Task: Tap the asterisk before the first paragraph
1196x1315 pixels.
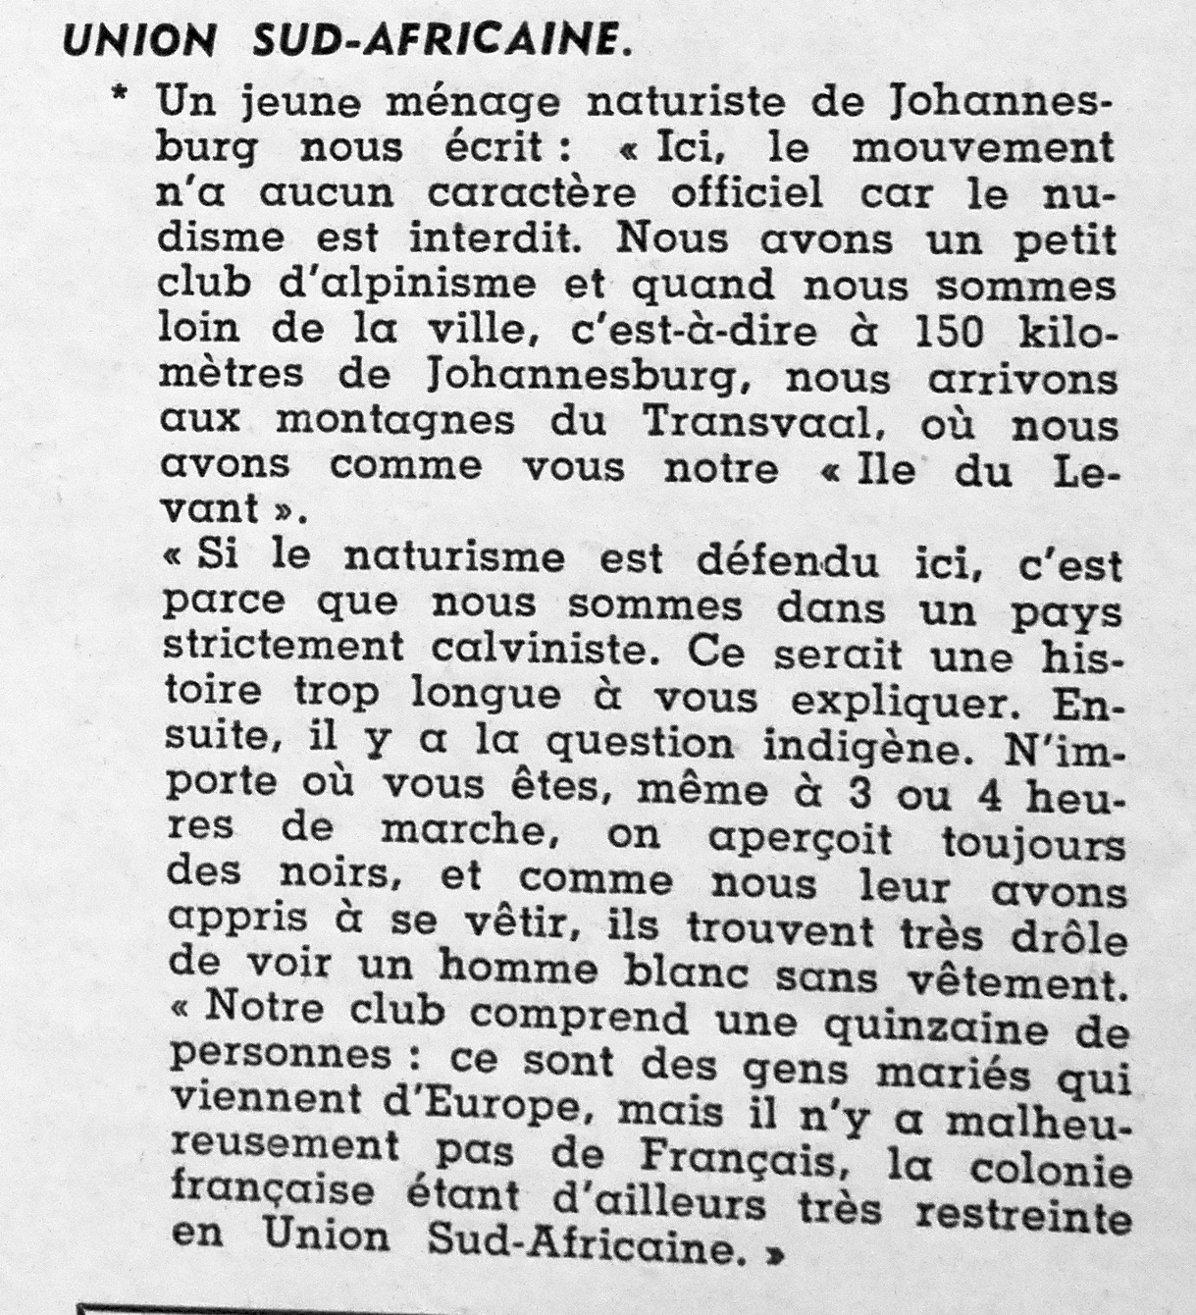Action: pos(121,99)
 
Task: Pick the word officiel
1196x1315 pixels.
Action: pos(747,192)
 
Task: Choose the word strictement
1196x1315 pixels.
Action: pos(283,646)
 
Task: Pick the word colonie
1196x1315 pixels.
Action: pos(1055,1172)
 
